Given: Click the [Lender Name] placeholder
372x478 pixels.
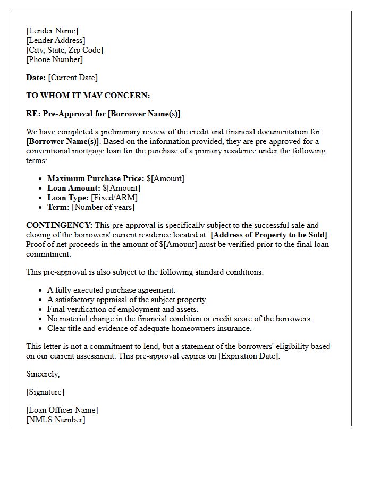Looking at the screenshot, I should coord(52,31).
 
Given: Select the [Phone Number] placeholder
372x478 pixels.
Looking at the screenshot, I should coord(54,59).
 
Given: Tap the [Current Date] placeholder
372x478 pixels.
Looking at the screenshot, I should coord(73,78).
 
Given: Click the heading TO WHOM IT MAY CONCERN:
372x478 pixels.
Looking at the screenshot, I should coord(88,96).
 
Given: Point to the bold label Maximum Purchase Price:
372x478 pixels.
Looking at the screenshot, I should coord(96,178).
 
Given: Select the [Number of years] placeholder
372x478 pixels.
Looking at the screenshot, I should coord(103,207).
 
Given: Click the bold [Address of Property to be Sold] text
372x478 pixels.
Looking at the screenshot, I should coord(269,235).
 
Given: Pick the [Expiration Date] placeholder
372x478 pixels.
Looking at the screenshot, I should coord(249,356).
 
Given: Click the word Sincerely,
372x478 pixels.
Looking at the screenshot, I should coord(43,374).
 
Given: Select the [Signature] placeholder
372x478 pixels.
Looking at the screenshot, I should coord(45,392).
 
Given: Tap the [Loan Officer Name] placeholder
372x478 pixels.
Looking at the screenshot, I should coord(62,410).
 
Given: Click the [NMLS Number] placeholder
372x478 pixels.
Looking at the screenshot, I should coord(55,420).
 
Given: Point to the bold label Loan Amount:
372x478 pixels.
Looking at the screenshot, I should coord(74,188).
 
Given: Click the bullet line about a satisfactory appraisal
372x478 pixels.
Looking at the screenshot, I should coord(127,300).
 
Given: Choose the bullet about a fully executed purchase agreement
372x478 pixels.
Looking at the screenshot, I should coord(111,290).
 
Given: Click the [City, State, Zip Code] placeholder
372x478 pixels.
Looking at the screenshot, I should coord(64,50).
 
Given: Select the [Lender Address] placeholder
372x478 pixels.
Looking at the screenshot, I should coord(55,40).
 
